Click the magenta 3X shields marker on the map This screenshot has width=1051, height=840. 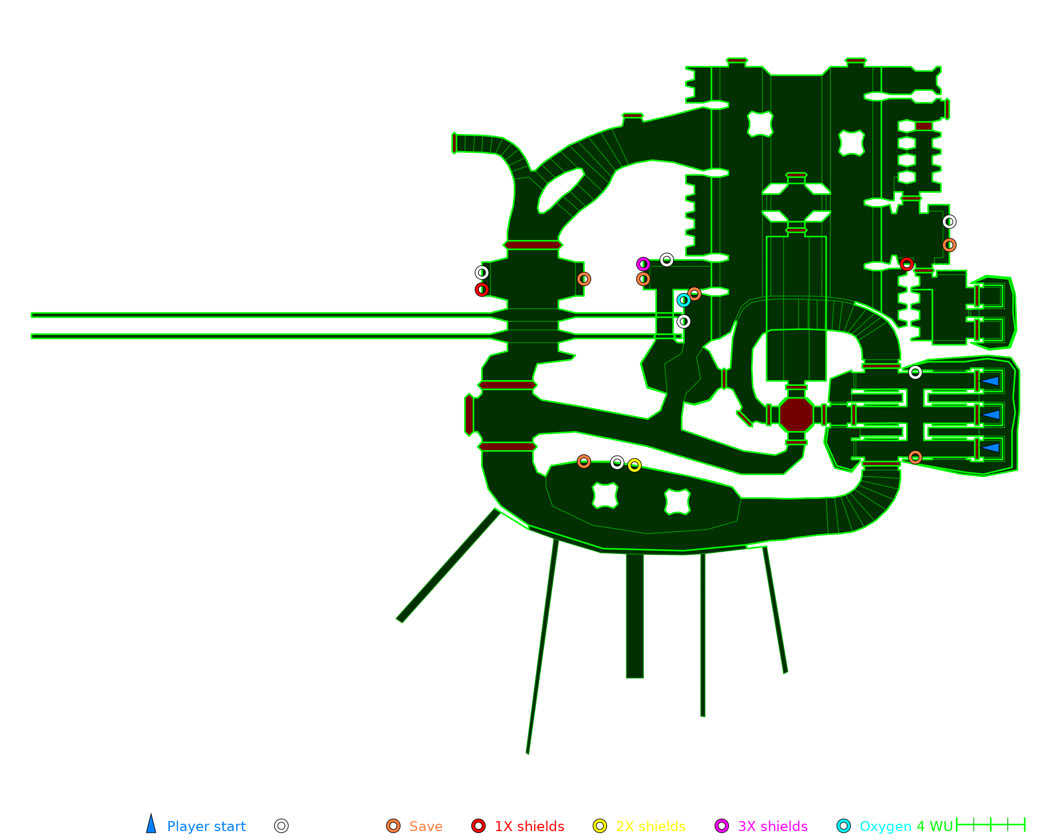pos(643,264)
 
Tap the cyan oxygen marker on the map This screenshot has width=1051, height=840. pos(683,300)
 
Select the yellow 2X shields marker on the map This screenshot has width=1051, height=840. pos(634,466)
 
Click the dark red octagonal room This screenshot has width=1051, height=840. pos(796,415)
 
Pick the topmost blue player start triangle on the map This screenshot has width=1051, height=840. pos(990,381)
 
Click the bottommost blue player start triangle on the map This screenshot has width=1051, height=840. pos(990,448)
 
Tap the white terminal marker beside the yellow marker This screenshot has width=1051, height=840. pos(617,463)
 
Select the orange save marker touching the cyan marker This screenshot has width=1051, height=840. pos(694,294)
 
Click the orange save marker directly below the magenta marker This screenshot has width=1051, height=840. pos(643,279)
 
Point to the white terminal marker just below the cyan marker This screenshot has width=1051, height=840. pos(683,321)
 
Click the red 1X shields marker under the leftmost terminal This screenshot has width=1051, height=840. pos(482,290)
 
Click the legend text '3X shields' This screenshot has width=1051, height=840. pos(772,826)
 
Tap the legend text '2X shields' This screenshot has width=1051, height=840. pos(651,826)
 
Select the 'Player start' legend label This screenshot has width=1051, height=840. pos(206,826)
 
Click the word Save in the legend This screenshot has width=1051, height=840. pos(426,826)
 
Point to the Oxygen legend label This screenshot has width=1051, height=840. pos(885,826)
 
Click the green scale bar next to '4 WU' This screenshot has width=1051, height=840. pos(991,825)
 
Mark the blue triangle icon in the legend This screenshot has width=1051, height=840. pos(151,825)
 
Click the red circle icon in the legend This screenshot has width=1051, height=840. pos(478,826)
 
